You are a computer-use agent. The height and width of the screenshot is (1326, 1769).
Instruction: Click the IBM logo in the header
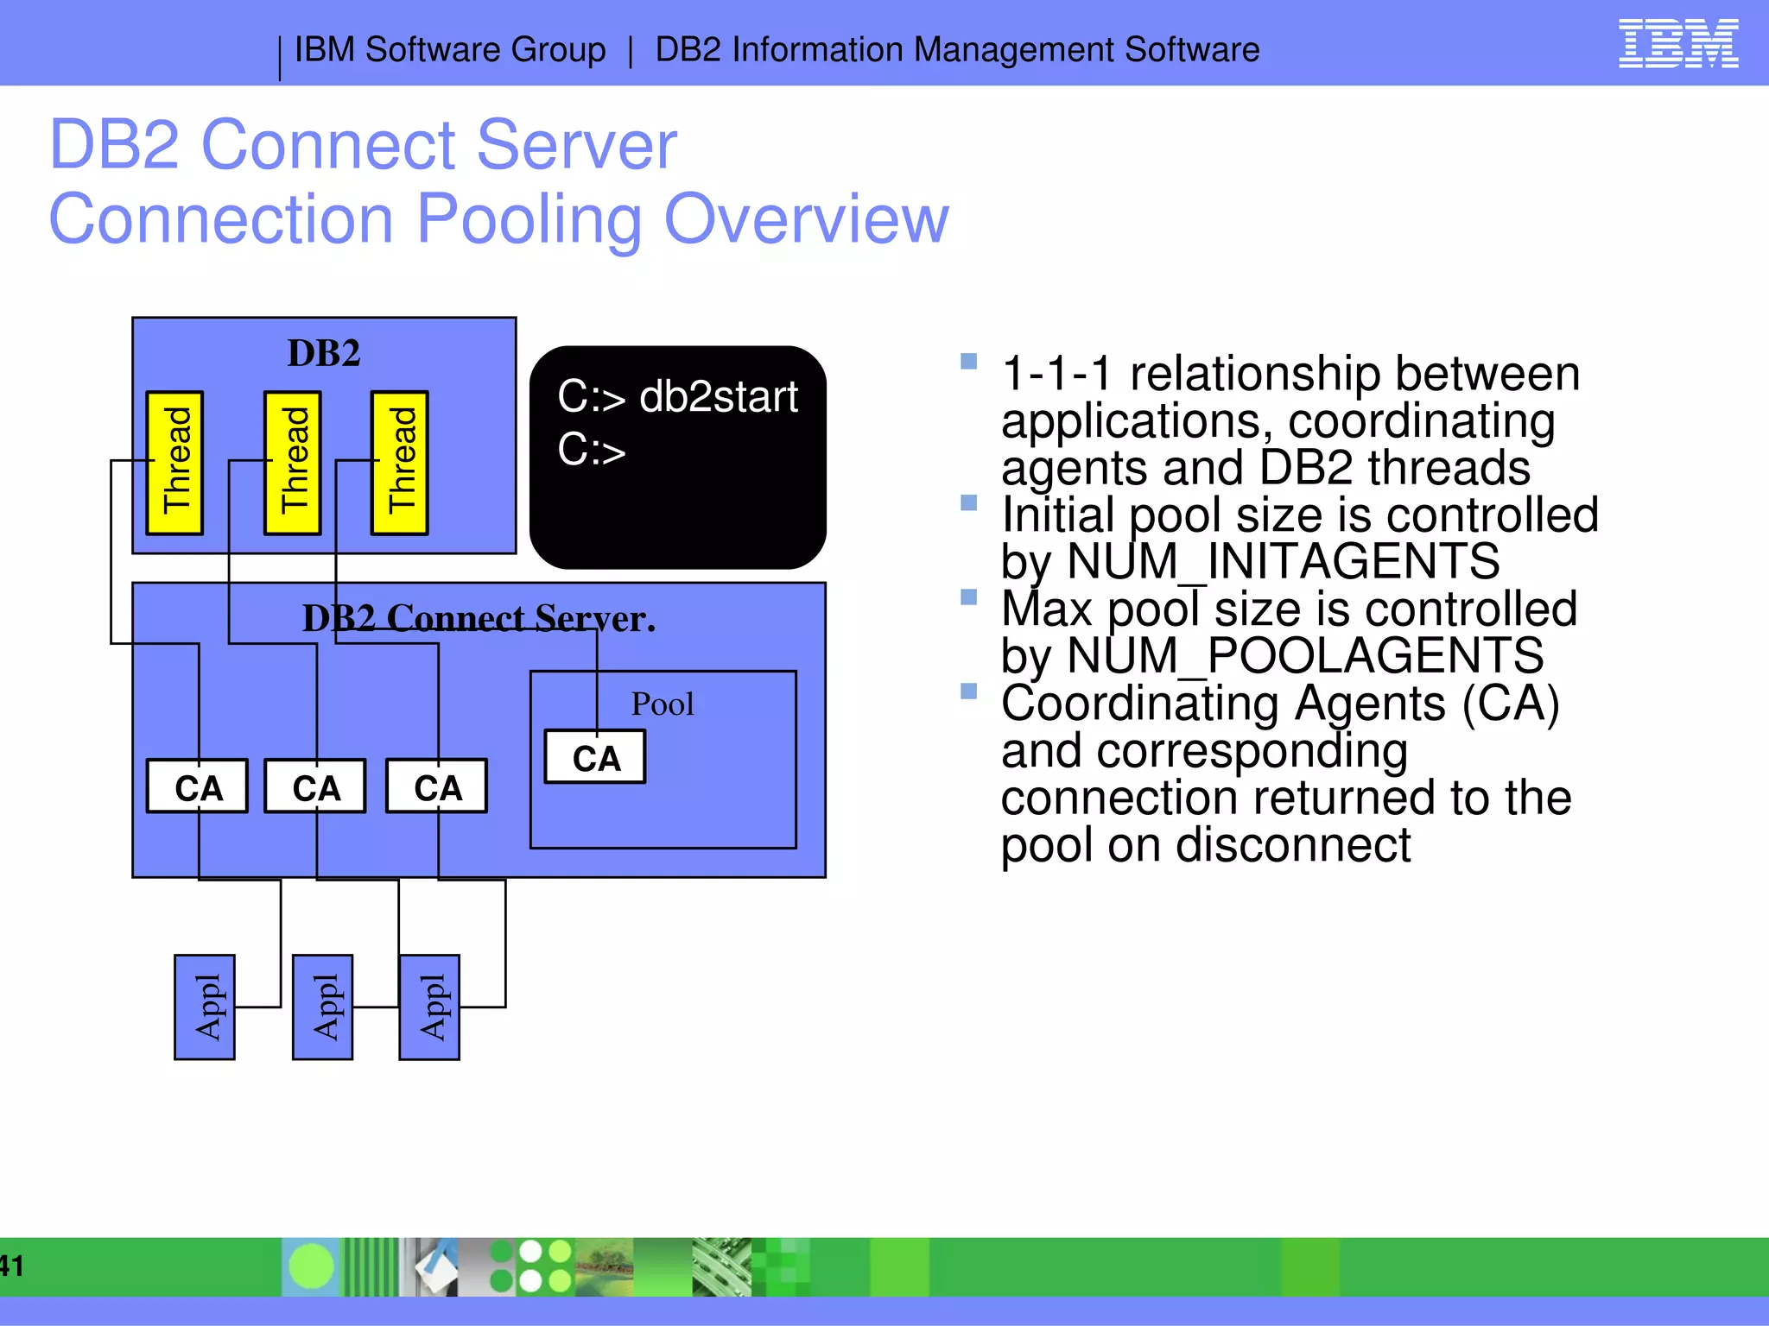click(x=1677, y=44)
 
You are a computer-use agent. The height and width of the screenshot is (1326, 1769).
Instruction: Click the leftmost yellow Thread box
click(x=175, y=464)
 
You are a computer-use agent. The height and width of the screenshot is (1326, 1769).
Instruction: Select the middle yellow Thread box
click(x=293, y=464)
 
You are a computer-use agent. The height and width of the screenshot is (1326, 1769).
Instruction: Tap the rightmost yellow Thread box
click(x=400, y=464)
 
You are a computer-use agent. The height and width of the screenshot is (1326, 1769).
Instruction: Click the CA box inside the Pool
click(x=595, y=758)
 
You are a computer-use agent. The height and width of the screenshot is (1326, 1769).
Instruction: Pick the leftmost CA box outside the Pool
click(x=198, y=786)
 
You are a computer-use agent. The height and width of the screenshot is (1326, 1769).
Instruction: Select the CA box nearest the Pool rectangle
click(x=437, y=786)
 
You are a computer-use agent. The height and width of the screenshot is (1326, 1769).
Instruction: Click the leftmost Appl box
click(x=205, y=1007)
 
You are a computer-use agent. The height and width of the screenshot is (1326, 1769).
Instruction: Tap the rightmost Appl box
click(x=429, y=1007)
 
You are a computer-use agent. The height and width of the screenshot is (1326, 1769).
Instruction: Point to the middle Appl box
click(x=323, y=1007)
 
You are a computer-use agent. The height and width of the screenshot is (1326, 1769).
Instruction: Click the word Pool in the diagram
click(x=663, y=704)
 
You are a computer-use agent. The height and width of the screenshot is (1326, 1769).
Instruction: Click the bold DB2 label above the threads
click(x=324, y=353)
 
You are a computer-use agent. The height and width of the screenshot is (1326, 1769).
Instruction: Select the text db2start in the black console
click(x=718, y=397)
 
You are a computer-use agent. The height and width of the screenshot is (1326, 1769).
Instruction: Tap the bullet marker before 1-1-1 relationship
click(x=968, y=362)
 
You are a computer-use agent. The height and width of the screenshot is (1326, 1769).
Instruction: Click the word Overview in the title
click(x=806, y=219)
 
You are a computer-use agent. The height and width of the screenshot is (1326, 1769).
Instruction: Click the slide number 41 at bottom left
click(x=11, y=1266)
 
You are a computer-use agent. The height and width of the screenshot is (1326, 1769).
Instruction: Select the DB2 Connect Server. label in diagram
click(x=479, y=618)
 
